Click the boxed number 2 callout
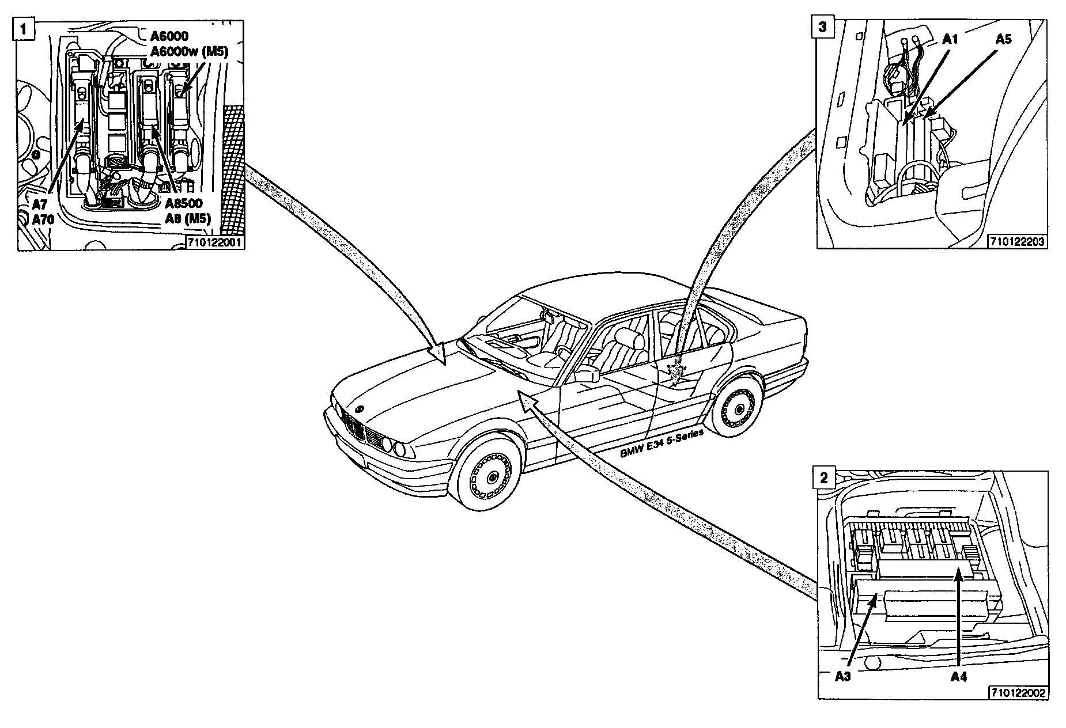(x=824, y=477)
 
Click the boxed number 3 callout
(x=822, y=26)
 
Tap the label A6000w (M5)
(x=190, y=52)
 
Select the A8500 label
(x=183, y=204)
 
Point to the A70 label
(x=43, y=219)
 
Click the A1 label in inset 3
(x=950, y=39)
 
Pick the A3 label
(x=843, y=677)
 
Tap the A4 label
(x=958, y=677)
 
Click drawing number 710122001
(x=216, y=243)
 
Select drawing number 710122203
(x=1017, y=242)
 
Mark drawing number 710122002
(x=1018, y=693)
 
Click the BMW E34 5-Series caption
(x=662, y=444)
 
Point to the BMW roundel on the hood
(x=359, y=409)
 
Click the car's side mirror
(x=587, y=375)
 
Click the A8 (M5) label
(x=188, y=218)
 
